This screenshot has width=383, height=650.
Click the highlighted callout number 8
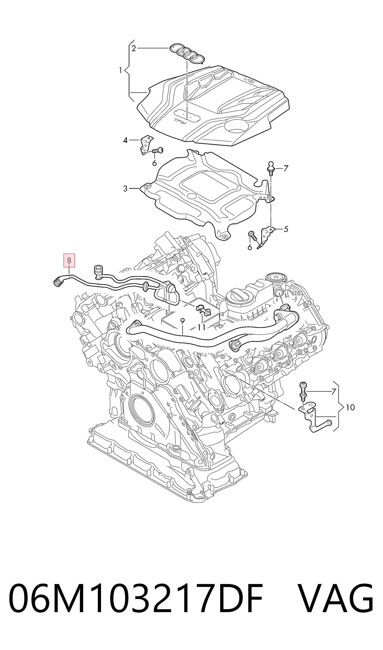[x=69, y=261]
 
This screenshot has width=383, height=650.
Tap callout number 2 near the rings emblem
[x=133, y=48]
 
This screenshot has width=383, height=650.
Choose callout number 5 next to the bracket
[x=286, y=229]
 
